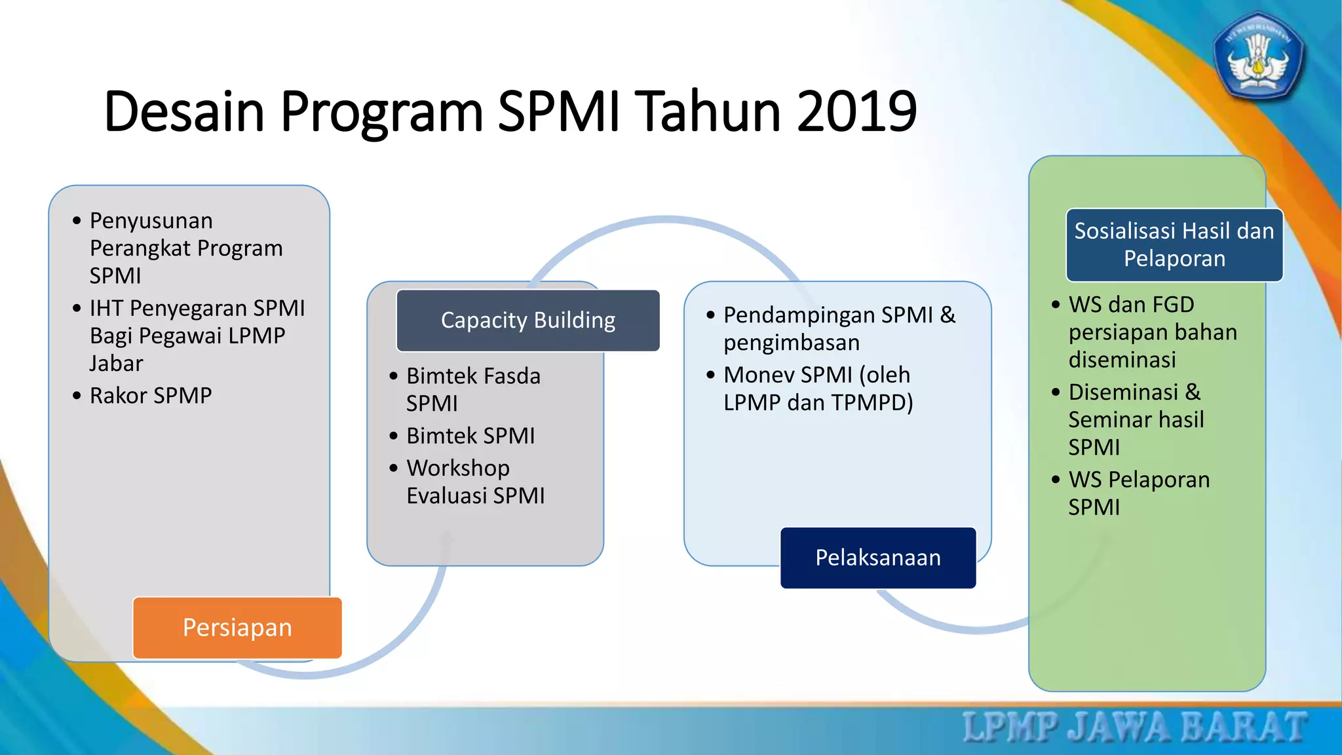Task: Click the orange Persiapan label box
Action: [237, 628]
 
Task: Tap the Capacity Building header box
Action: [527, 320]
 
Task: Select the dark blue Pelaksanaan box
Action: [878, 558]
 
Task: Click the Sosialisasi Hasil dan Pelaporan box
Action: [1174, 245]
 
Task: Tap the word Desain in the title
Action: [183, 111]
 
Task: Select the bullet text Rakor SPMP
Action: [151, 396]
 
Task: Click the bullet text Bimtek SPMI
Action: [470, 436]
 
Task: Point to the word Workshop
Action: [458, 468]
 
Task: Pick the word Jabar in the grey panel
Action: [116, 363]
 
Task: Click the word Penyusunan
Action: [151, 221]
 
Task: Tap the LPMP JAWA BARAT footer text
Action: [1134, 727]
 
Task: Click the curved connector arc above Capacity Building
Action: [665, 222]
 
